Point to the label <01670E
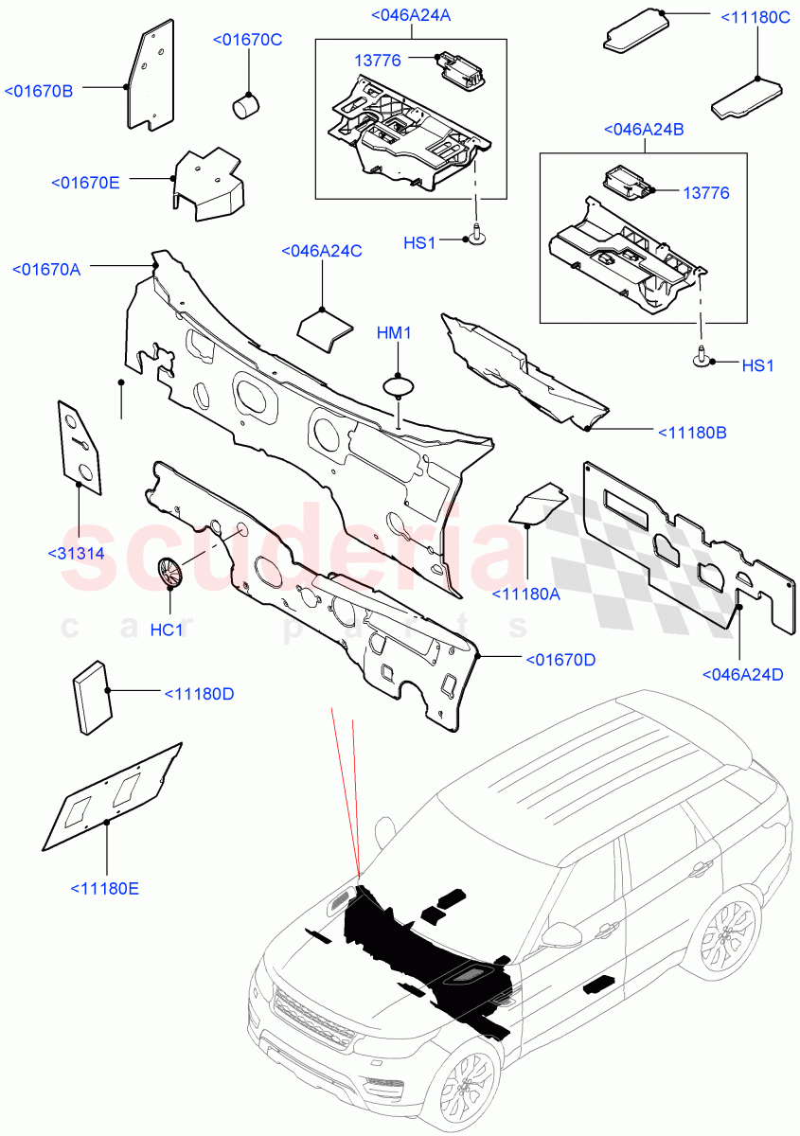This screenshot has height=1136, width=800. point(85,182)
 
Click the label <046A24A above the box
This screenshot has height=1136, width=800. point(410,14)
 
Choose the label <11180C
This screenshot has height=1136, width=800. point(756,17)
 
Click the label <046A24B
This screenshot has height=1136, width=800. point(644,130)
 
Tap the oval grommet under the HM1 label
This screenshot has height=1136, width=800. point(400,386)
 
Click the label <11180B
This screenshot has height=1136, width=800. point(692,433)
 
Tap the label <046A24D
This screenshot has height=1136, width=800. point(743,674)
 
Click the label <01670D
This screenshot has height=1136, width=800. point(560,659)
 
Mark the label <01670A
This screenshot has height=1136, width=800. point(46,269)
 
